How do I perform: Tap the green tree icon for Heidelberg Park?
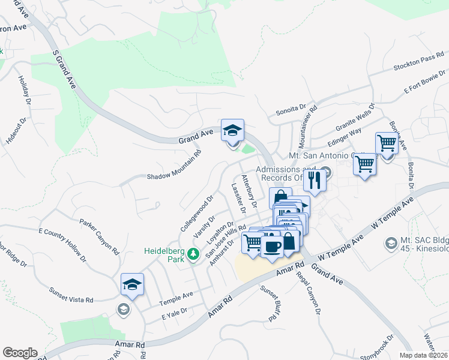tap(193, 255)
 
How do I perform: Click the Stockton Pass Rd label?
tap(418, 63)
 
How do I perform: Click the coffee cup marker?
tap(272, 246)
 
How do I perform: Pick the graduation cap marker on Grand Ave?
tap(232, 129)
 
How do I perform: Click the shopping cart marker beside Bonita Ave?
tap(387, 143)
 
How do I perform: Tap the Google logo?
tap(20, 352)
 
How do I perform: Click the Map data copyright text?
tap(423, 355)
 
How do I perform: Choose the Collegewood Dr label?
tap(197, 214)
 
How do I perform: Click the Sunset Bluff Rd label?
tap(271, 304)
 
